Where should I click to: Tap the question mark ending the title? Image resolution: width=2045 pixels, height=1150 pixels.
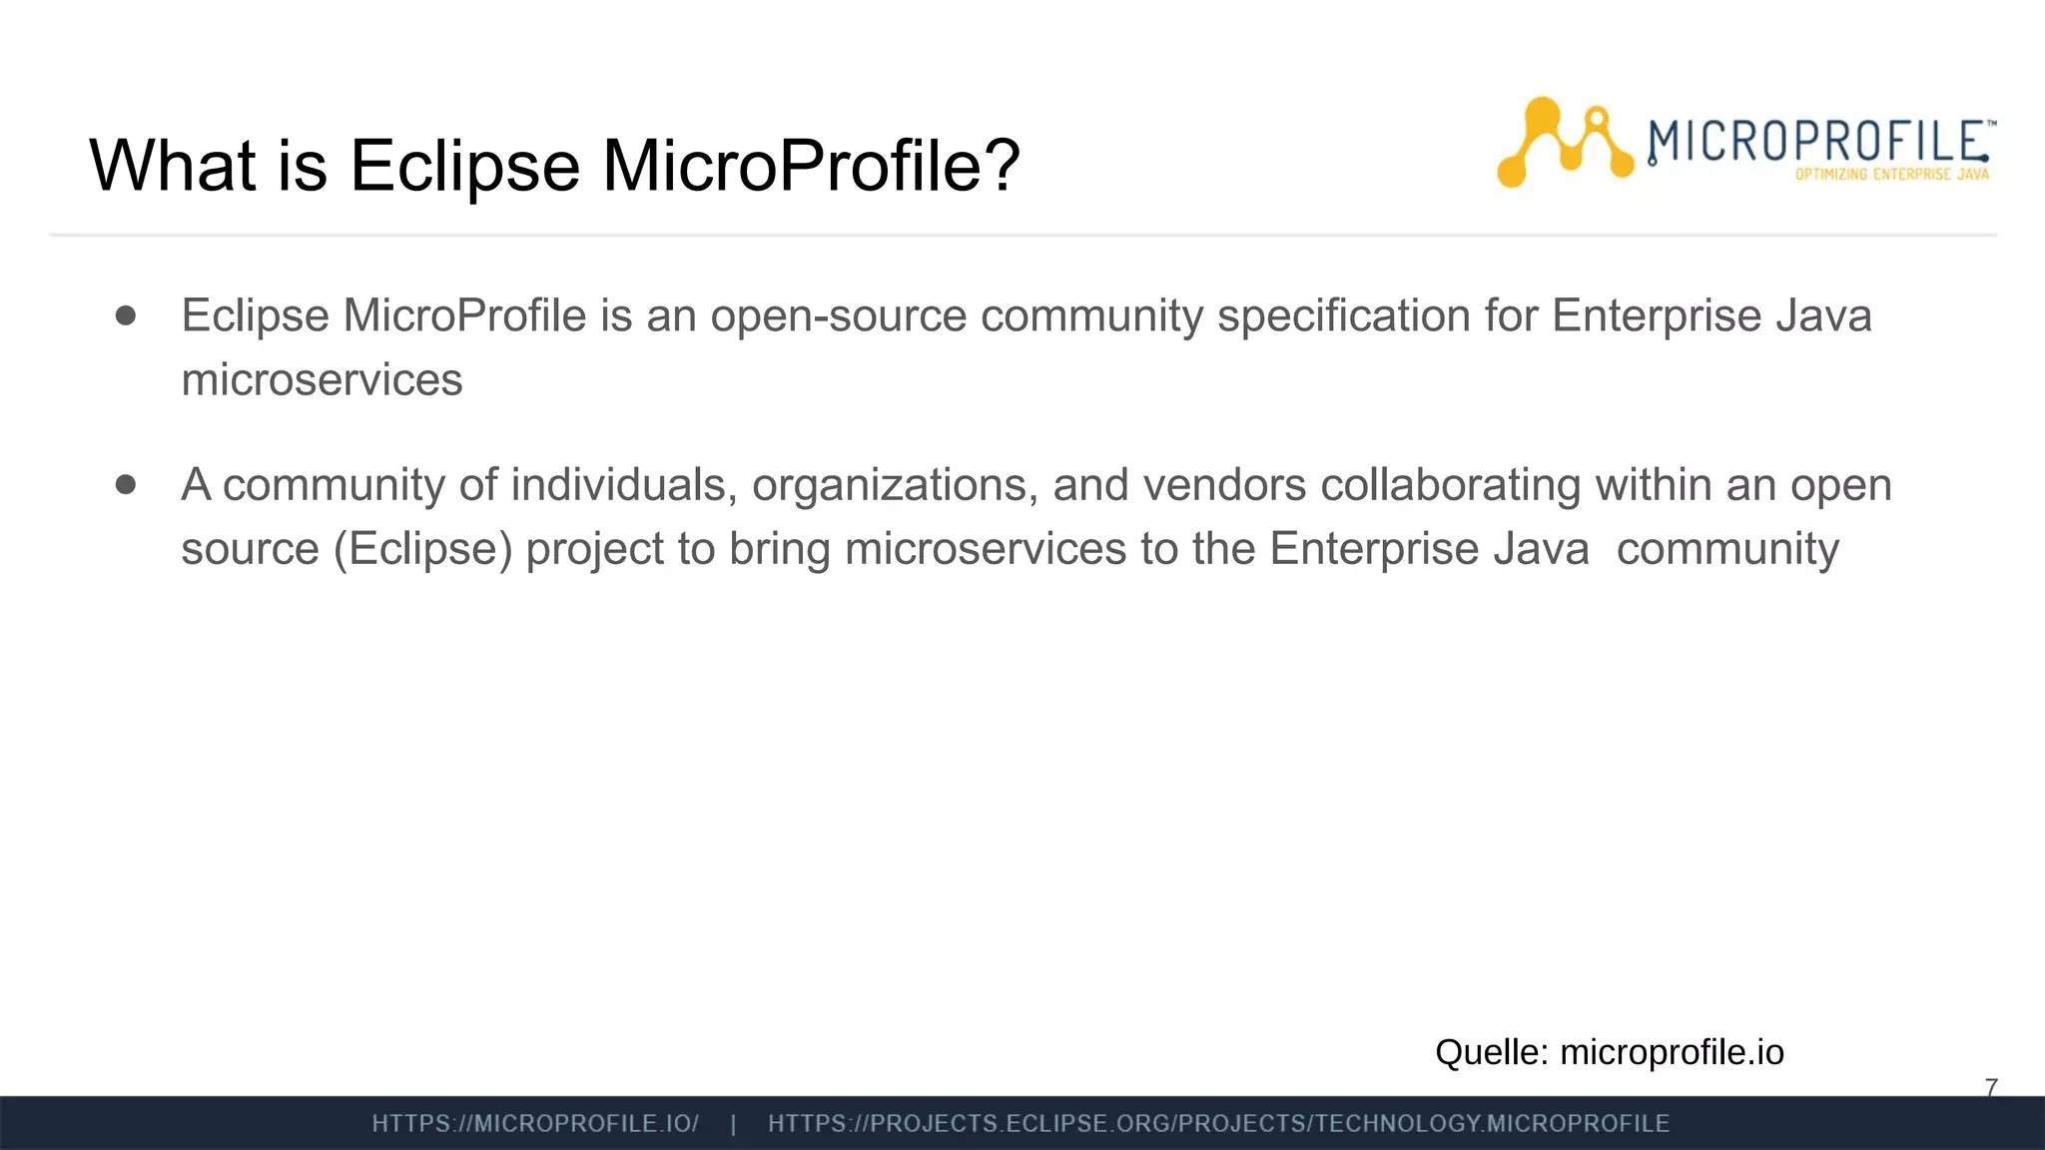[1002, 165]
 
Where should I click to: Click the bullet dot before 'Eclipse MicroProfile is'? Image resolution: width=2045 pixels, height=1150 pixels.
[126, 315]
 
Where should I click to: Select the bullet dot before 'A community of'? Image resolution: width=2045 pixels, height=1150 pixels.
[126, 484]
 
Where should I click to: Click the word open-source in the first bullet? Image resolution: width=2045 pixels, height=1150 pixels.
[838, 316]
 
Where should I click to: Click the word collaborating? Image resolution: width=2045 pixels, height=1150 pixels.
[1450, 485]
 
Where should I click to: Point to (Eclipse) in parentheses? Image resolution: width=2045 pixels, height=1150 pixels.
[422, 549]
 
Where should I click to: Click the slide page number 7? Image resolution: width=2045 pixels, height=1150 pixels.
[1991, 1087]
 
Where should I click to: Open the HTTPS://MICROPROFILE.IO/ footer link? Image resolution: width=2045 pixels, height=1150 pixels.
[535, 1124]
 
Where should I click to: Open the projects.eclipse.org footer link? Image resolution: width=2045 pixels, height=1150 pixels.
[1218, 1124]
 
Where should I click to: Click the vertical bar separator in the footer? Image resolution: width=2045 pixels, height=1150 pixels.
[734, 1124]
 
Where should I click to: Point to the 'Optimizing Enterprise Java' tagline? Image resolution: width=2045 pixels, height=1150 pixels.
[1891, 175]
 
